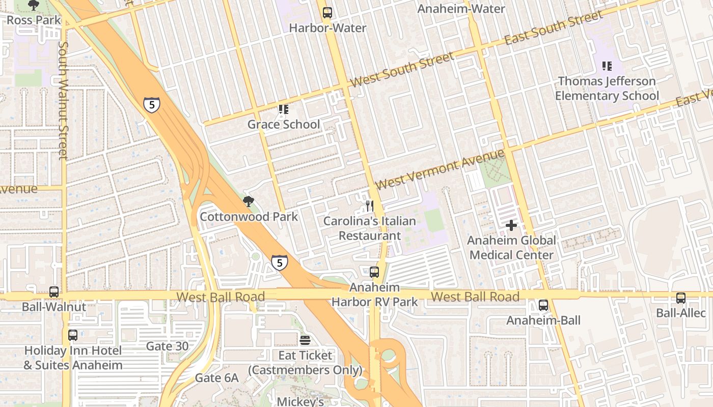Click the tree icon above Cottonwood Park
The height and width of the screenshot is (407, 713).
(x=248, y=202)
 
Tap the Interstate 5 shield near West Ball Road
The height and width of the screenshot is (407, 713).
(x=279, y=262)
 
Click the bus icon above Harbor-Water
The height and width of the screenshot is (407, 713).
(x=327, y=13)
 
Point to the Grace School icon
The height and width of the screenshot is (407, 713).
(x=284, y=109)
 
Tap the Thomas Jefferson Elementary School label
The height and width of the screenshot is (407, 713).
(x=607, y=89)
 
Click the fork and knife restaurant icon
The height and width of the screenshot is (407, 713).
(x=370, y=206)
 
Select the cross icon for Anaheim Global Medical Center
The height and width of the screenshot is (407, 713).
(x=511, y=225)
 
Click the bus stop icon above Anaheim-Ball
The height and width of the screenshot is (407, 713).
(x=543, y=305)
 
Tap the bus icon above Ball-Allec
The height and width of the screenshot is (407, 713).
(x=681, y=298)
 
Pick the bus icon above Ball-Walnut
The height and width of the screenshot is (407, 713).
(x=54, y=292)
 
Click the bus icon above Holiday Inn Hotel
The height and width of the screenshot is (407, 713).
(x=73, y=335)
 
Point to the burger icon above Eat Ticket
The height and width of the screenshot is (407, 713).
(x=305, y=340)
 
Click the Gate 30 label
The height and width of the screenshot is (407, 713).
(x=167, y=346)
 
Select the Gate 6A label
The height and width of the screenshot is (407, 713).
(x=217, y=378)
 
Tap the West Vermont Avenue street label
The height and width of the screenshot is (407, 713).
(x=440, y=168)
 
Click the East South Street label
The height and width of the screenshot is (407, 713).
(x=554, y=28)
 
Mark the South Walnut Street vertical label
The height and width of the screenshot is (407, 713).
(x=63, y=100)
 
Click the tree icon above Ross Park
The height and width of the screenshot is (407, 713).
(x=34, y=6)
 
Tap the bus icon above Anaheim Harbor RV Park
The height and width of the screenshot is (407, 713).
(x=374, y=272)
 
